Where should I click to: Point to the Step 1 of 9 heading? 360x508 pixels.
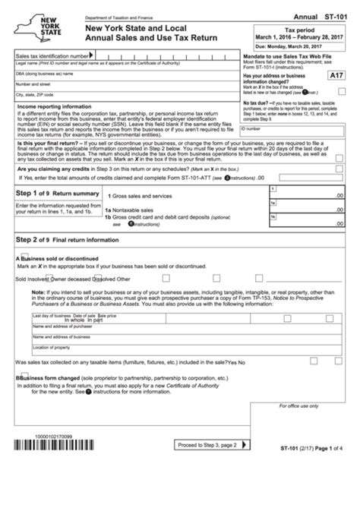click(x=51, y=193)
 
